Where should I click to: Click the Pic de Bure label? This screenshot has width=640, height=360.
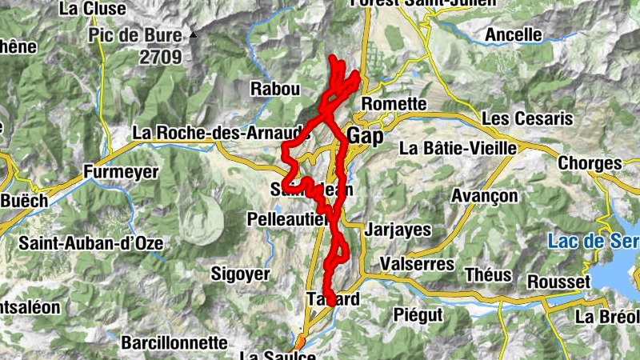(135, 35)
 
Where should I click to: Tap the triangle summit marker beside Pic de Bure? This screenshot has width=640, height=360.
(194, 35)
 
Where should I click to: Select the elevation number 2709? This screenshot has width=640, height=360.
(160, 57)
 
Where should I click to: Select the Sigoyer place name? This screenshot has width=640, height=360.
(240, 274)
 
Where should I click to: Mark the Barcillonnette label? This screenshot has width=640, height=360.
(174, 342)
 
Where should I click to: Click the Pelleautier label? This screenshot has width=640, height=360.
(286, 218)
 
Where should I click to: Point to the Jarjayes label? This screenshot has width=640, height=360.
(397, 230)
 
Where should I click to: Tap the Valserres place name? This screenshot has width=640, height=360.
(417, 264)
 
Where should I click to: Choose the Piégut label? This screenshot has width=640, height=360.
(418, 314)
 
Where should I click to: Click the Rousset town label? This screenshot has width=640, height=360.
(558, 282)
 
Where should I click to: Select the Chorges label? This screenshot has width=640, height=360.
(590, 163)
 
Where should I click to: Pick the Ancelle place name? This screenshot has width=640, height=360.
(514, 35)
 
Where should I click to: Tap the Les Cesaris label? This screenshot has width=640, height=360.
(527, 118)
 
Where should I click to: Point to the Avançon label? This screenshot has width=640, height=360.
(486, 196)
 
